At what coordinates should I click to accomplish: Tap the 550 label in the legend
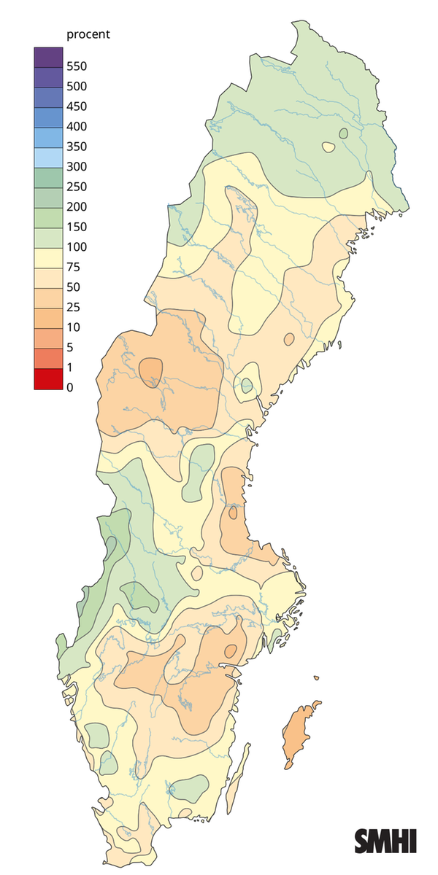pyautogui.click(x=77, y=66)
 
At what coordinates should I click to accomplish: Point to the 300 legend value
pyautogui.click(x=77, y=167)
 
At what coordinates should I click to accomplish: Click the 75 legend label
pyautogui.click(x=74, y=267)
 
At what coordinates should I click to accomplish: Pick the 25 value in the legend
pyautogui.click(x=74, y=307)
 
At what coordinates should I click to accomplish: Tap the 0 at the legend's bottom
pyautogui.click(x=70, y=387)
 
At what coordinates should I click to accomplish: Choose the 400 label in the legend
pyautogui.click(x=77, y=127)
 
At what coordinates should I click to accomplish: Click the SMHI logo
pyautogui.click(x=385, y=841)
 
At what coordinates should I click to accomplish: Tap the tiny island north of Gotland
pyautogui.click(x=317, y=678)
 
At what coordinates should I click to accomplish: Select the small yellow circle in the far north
pyautogui.click(x=329, y=147)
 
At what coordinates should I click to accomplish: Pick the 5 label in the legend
pyautogui.click(x=70, y=347)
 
